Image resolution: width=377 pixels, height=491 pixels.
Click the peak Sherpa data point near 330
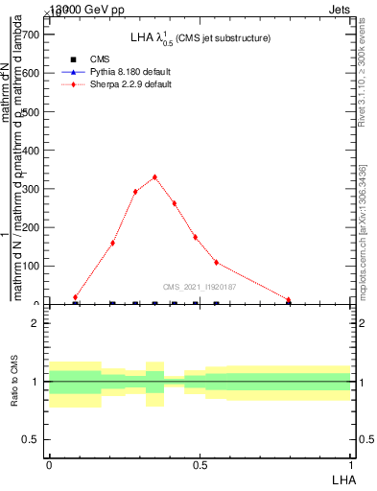[154, 176]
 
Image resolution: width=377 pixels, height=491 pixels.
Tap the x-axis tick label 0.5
[200, 464]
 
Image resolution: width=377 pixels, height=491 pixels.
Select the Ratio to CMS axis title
[14, 382]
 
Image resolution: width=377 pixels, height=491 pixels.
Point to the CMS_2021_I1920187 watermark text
[200, 287]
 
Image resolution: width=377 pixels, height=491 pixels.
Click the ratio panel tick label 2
[35, 323]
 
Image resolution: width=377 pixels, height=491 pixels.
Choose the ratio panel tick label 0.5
[31, 439]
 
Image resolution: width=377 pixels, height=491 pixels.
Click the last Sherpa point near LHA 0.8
[288, 299]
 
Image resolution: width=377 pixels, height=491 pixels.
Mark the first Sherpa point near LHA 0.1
[75, 297]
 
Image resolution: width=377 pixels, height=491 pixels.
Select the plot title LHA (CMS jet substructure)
[200, 37]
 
